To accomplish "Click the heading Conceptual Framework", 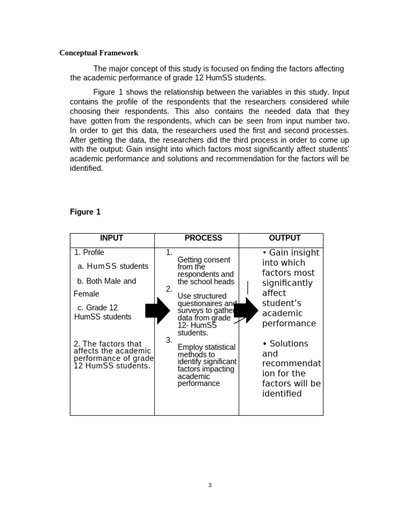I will click(x=98, y=53).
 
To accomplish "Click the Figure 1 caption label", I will click(x=85, y=212).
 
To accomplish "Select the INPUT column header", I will click(x=111, y=238).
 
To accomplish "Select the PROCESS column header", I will click(x=203, y=238).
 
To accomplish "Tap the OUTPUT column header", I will click(x=285, y=238).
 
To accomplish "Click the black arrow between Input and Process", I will click(x=157, y=310).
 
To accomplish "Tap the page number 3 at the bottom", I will click(x=210, y=485).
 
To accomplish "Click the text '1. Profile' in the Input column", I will click(x=89, y=252).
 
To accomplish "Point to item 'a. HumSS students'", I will click(x=112, y=266).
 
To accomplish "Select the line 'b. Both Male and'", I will click(x=107, y=281).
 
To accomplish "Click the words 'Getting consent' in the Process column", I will click(x=204, y=260).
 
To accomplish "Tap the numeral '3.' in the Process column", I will click(x=169, y=340).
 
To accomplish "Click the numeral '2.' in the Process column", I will click(x=169, y=289).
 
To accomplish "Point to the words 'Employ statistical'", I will click(x=206, y=347).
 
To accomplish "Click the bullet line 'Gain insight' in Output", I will click(x=291, y=253).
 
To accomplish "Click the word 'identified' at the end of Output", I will click(x=282, y=394).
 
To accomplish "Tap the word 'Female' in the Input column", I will click(x=87, y=294).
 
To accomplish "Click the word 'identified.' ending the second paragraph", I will click(x=87, y=168).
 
